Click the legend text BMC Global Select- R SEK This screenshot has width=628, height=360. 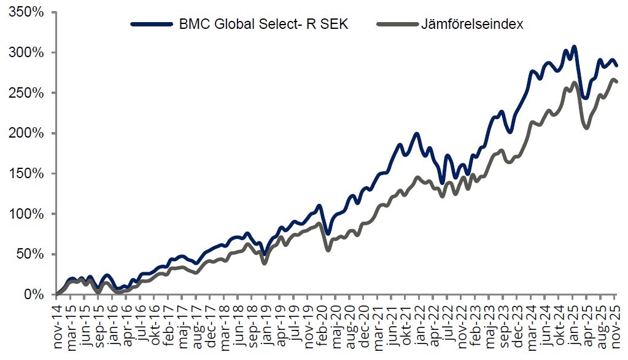(x=263, y=25)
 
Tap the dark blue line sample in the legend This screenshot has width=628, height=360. (x=152, y=25)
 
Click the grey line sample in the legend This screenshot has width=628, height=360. (x=397, y=25)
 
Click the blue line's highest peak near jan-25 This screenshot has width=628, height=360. (x=574, y=46)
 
